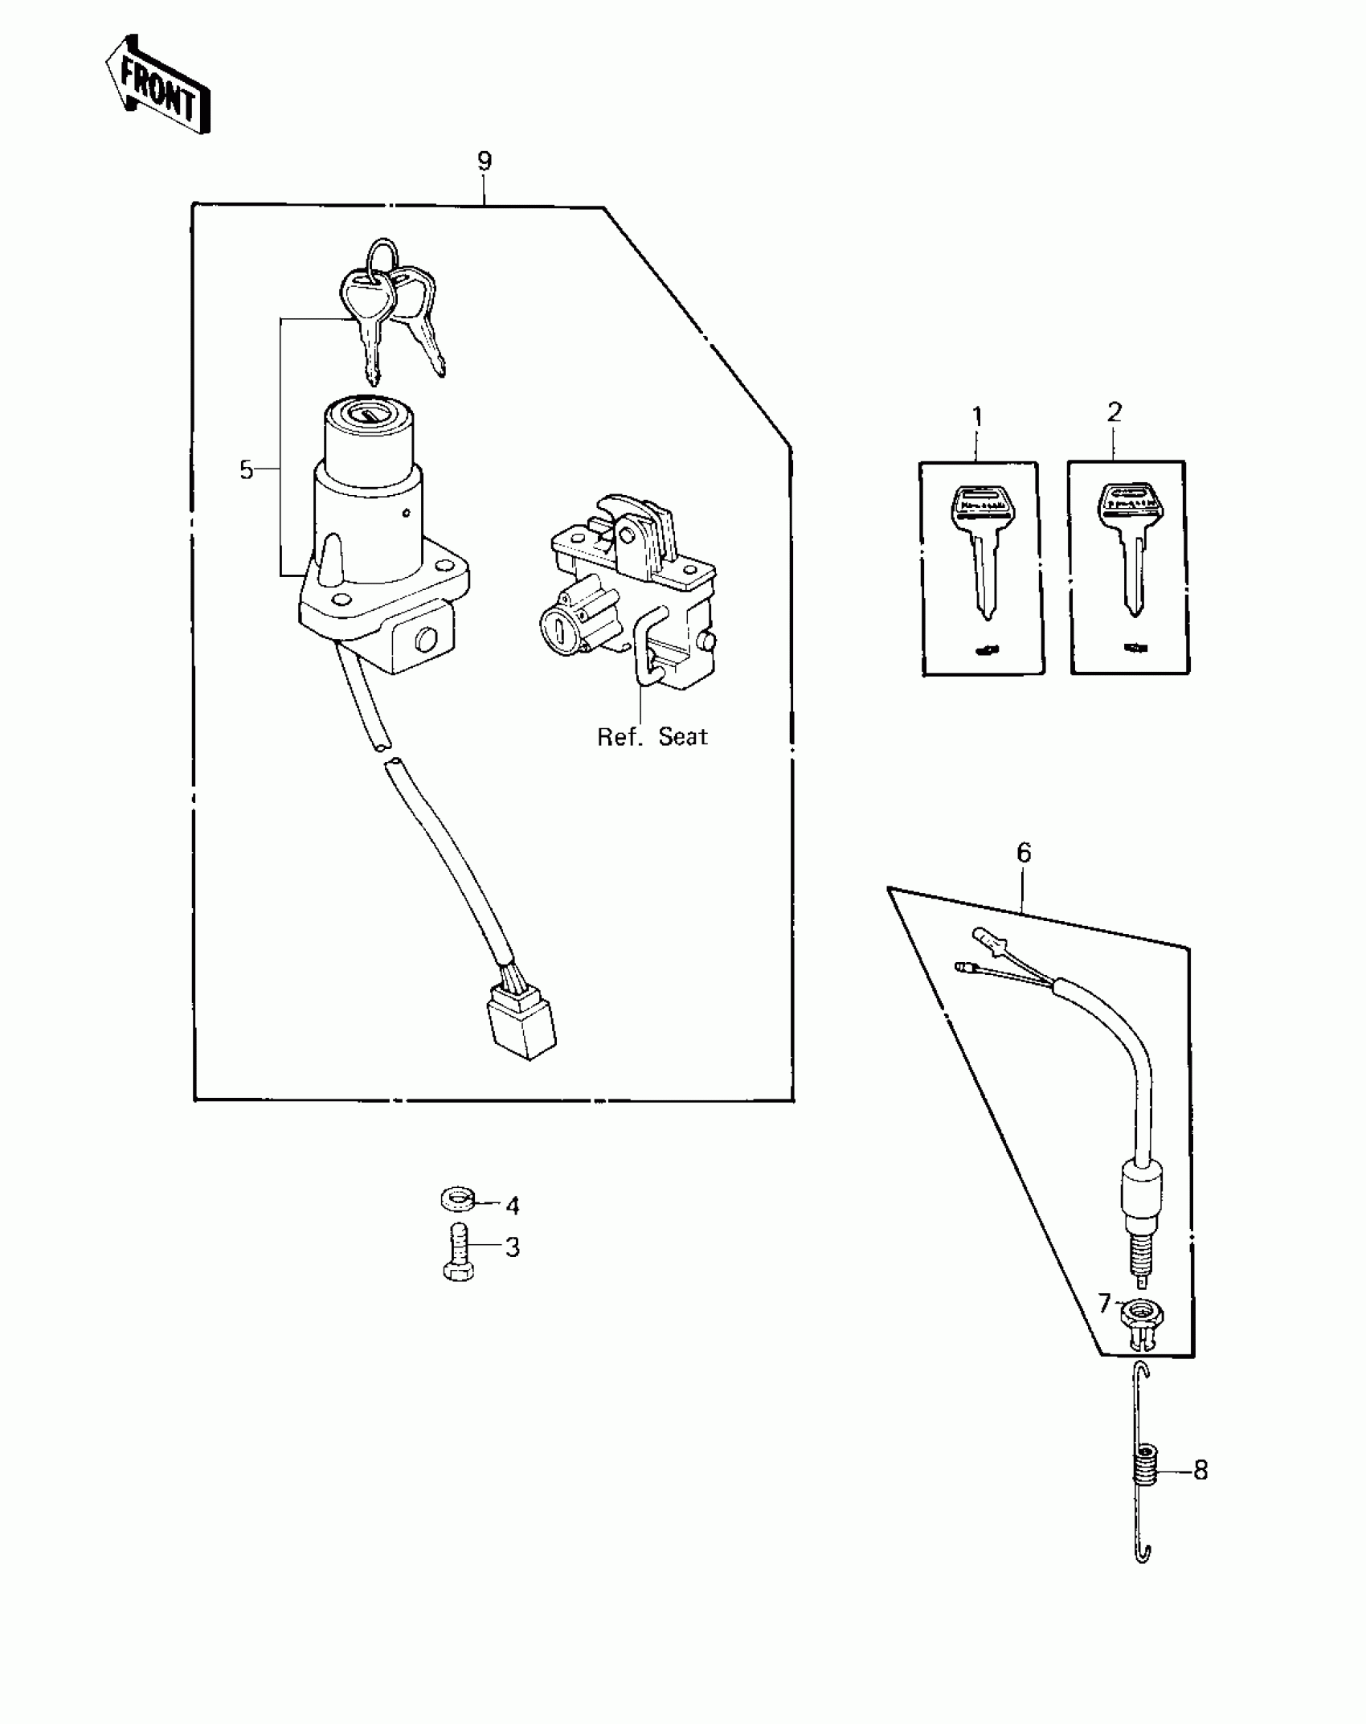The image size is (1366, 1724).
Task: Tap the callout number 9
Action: pyautogui.click(x=484, y=162)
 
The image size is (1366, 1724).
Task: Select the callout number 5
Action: pyautogui.click(x=247, y=470)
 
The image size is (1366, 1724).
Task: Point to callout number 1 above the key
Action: pyautogui.click(x=977, y=417)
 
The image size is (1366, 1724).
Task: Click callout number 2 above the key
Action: pyautogui.click(x=1114, y=412)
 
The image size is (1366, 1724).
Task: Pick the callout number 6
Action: pyautogui.click(x=1023, y=853)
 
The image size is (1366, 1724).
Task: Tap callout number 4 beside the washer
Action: pyautogui.click(x=512, y=1228)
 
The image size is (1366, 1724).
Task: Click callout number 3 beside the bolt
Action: pyautogui.click(x=512, y=1270)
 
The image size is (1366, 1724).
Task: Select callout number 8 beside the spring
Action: pyautogui.click(x=1200, y=1471)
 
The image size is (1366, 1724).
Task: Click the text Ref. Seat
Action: pyautogui.click(x=652, y=737)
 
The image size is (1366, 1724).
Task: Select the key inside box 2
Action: pyautogui.click(x=1131, y=547)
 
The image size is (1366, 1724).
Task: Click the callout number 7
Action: pyautogui.click(x=1105, y=1303)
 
